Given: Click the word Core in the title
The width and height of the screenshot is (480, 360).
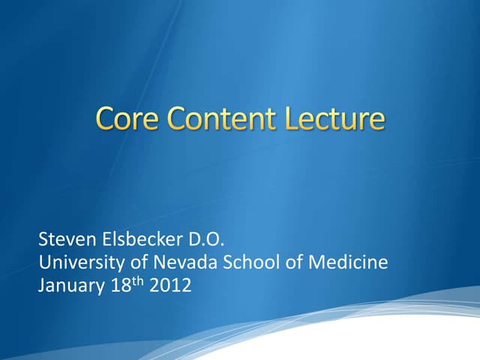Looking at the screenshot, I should (128, 119).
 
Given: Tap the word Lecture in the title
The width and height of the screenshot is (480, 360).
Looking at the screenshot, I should (337, 119).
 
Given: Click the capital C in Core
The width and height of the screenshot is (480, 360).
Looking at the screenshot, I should (106, 119).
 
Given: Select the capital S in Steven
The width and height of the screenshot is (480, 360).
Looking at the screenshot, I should (43, 241).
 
